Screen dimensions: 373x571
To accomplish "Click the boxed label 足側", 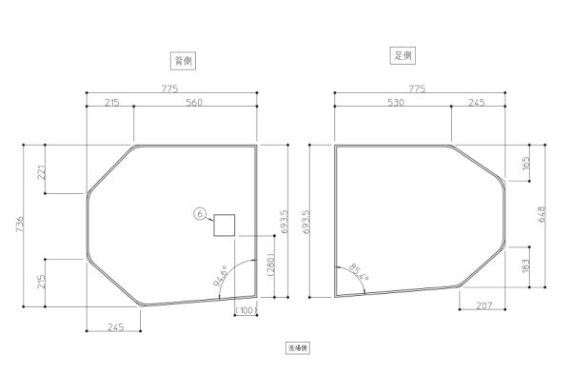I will click(x=404, y=55).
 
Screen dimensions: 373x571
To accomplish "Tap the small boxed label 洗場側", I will click(x=299, y=349).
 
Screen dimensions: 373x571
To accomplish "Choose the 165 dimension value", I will click(x=527, y=164).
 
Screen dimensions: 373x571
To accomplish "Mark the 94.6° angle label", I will click(x=221, y=278).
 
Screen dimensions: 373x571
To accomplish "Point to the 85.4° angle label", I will click(x=358, y=274).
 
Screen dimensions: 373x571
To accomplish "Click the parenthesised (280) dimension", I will click(x=269, y=265).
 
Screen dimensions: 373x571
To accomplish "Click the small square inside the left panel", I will click(x=224, y=226).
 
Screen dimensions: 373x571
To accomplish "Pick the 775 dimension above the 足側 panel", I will click(x=417, y=87).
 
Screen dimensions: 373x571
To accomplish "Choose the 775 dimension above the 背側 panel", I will click(x=171, y=87).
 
